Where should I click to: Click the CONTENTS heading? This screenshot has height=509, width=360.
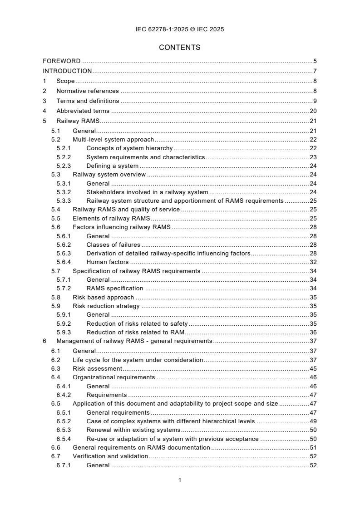[180, 47]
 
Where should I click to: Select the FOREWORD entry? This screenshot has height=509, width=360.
[62, 61]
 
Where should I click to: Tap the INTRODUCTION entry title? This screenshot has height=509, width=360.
[67, 71]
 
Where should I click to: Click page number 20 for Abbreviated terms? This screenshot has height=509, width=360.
[313, 111]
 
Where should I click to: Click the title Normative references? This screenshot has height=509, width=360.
[88, 91]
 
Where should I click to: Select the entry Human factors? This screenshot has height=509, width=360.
[108, 262]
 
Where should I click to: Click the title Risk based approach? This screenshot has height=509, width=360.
[103, 297]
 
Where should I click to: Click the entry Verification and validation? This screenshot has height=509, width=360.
[110, 456]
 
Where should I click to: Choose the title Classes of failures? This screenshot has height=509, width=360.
[113, 245]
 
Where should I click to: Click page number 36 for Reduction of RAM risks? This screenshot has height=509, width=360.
[313, 332]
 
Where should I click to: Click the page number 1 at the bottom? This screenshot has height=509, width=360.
[180, 480]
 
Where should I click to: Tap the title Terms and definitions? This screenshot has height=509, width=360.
[88, 101]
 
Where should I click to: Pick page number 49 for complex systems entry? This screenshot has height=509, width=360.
[313, 421]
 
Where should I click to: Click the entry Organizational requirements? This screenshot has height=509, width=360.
[114, 377]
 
